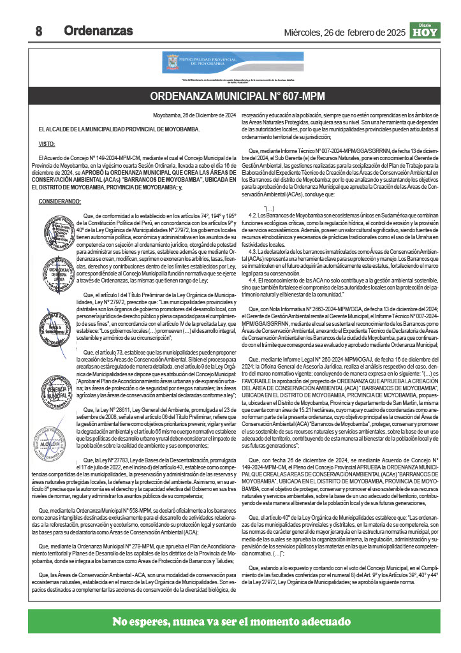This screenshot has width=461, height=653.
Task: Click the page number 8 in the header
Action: (x=38, y=31)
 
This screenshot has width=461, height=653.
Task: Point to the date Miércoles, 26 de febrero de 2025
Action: (x=344, y=32)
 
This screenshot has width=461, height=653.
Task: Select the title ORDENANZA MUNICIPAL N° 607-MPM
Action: (x=237, y=96)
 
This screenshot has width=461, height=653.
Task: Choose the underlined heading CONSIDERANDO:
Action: (x=59, y=202)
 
